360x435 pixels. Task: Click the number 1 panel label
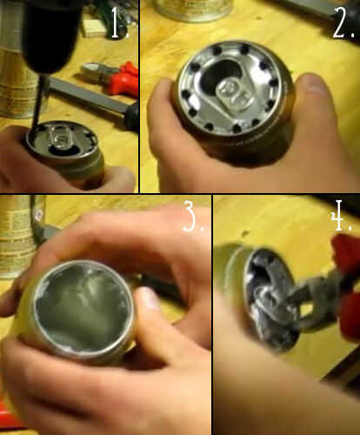(119, 23)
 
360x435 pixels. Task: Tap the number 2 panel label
(343, 23)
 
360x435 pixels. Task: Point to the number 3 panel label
(194, 217)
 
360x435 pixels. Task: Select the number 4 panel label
(341, 215)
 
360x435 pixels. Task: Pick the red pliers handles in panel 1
(124, 79)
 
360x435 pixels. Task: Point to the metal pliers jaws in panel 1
(96, 70)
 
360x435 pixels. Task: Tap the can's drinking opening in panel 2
(218, 74)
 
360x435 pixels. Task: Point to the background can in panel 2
(194, 10)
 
